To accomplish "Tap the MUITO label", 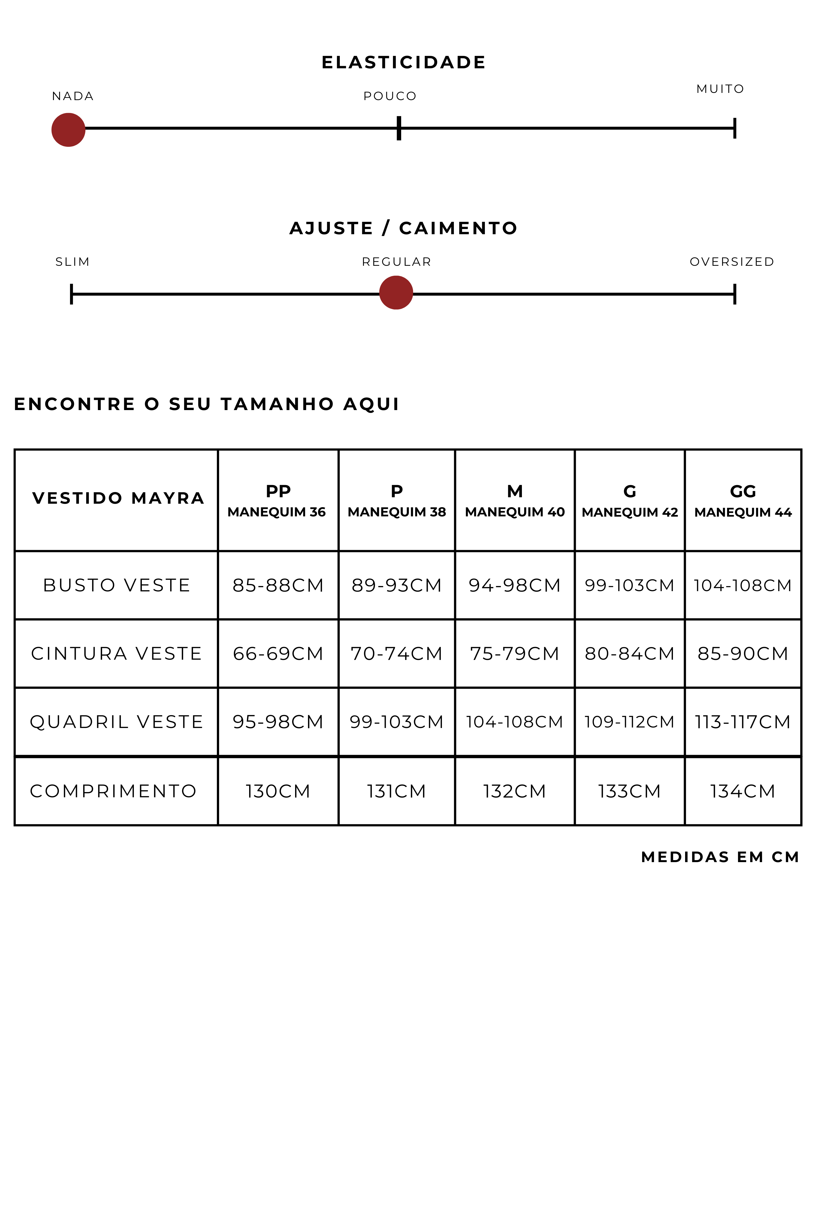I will coord(720,89).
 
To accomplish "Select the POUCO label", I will coord(390,96).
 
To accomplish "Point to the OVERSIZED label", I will coord(732,262).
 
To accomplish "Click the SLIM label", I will coord(72,262).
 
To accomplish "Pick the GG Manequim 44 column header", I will coord(743,501).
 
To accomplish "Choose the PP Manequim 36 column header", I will coord(277,501).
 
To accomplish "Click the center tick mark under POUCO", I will coord(399,128).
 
